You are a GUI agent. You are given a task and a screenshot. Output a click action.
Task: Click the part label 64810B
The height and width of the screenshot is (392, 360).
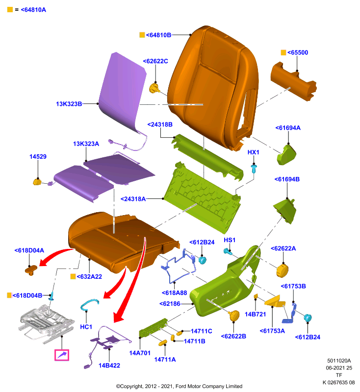(x=158, y=35)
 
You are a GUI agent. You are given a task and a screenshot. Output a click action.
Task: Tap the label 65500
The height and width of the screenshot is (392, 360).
(x=297, y=52)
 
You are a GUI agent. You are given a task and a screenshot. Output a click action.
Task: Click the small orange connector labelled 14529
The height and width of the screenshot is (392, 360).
(x=37, y=182)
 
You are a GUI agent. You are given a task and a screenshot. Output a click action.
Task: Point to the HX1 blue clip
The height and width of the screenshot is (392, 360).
(x=254, y=169)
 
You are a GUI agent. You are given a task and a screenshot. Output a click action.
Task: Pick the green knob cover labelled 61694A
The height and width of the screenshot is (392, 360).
(x=286, y=155)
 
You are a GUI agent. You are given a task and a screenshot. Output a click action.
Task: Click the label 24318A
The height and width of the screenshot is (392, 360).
(x=133, y=199)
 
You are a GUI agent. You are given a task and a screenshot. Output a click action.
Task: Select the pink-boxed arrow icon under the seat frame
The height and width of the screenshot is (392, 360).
(x=62, y=355)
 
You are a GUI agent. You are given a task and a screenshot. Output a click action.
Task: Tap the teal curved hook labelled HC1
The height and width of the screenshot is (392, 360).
(x=88, y=304)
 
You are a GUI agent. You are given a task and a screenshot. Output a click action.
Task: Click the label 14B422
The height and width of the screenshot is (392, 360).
(x=109, y=366)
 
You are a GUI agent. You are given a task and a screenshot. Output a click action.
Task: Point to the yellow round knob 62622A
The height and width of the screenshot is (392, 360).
(x=282, y=270)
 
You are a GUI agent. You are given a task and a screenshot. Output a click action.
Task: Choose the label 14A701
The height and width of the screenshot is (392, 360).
(x=140, y=353)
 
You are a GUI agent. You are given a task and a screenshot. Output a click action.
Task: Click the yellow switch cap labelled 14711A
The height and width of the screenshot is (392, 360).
(x=163, y=343)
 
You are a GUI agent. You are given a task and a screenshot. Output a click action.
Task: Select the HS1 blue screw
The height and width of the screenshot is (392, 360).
(x=228, y=251)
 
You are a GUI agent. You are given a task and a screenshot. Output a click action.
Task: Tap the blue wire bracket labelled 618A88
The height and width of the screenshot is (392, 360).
(x=178, y=266)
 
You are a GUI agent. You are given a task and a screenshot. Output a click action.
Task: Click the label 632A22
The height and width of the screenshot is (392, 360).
(x=89, y=276)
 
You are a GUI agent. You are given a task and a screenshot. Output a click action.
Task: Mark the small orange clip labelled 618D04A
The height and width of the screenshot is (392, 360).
(x=31, y=270)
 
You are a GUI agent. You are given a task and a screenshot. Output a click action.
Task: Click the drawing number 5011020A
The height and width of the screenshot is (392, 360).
(x=339, y=361)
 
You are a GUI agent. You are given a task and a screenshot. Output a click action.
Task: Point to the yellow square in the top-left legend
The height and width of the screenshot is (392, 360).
(x=10, y=10)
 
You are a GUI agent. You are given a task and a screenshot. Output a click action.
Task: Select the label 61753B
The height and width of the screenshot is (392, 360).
(x=293, y=286)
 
